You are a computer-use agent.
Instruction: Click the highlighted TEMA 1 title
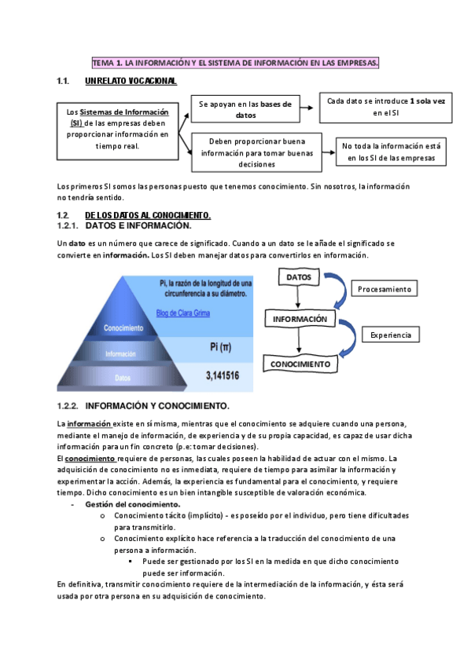(235, 62)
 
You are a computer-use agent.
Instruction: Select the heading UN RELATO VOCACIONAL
(130, 81)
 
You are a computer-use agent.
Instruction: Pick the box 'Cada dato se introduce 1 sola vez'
(385, 107)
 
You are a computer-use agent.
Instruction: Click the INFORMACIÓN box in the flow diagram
(300, 320)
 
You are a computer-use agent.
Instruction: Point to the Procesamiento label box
(385, 289)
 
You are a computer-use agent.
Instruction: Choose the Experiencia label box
(391, 335)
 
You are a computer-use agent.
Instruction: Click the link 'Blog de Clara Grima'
(189, 313)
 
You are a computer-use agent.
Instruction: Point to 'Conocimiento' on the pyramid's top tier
(123, 328)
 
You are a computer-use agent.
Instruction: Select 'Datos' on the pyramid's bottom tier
(123, 378)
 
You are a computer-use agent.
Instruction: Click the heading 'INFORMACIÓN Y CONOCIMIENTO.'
(156, 406)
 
